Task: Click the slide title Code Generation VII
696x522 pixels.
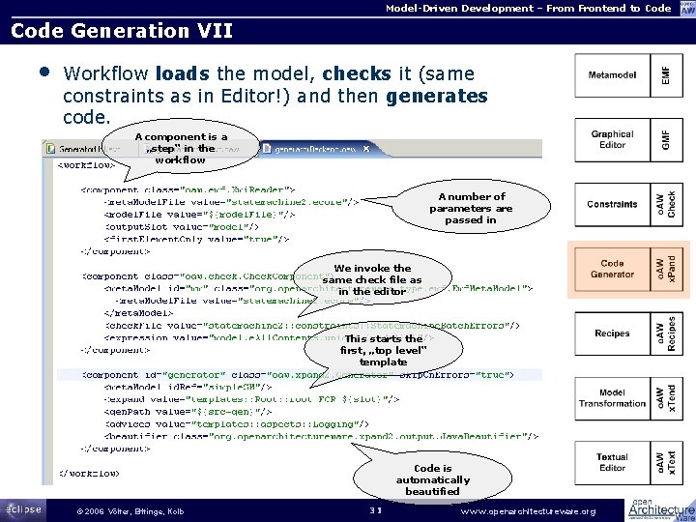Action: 121,31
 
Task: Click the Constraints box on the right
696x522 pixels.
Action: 613,205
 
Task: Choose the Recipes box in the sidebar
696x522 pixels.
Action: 613,333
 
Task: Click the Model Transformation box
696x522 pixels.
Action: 613,397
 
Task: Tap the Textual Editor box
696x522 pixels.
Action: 613,463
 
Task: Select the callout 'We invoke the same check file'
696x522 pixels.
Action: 372,279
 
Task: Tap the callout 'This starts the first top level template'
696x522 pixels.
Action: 384,351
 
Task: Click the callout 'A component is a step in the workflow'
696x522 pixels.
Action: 181,148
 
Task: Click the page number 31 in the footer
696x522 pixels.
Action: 377,510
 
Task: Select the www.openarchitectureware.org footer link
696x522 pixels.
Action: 530,510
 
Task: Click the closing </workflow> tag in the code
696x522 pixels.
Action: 89,474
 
